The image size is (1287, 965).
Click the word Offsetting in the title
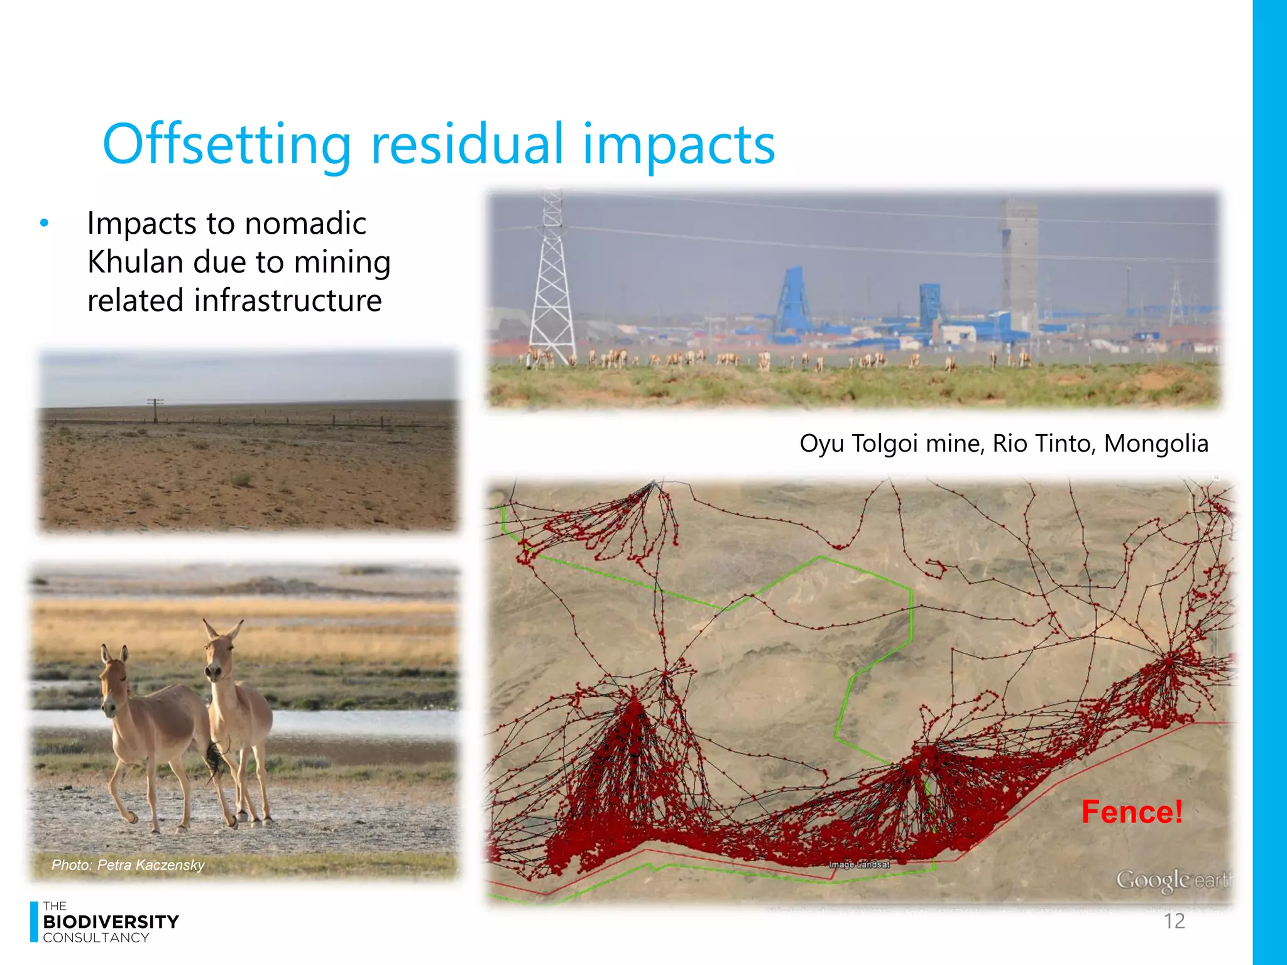click(x=226, y=146)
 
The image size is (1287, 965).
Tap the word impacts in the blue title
click(x=679, y=146)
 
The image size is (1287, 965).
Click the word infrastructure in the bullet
click(x=287, y=300)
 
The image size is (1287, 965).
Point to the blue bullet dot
click(x=44, y=223)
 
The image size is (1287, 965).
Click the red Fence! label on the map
click(x=1132, y=812)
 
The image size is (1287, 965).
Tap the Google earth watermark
click(x=1173, y=880)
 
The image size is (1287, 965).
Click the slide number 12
click(x=1174, y=921)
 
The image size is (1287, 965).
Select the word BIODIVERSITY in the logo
click(x=111, y=922)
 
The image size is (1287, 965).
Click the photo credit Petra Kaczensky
click(x=128, y=865)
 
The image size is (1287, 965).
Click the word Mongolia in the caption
click(x=1156, y=444)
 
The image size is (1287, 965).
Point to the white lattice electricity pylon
click(x=552, y=283)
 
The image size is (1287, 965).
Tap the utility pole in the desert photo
click(x=155, y=410)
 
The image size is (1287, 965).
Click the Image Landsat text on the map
click(x=859, y=865)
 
